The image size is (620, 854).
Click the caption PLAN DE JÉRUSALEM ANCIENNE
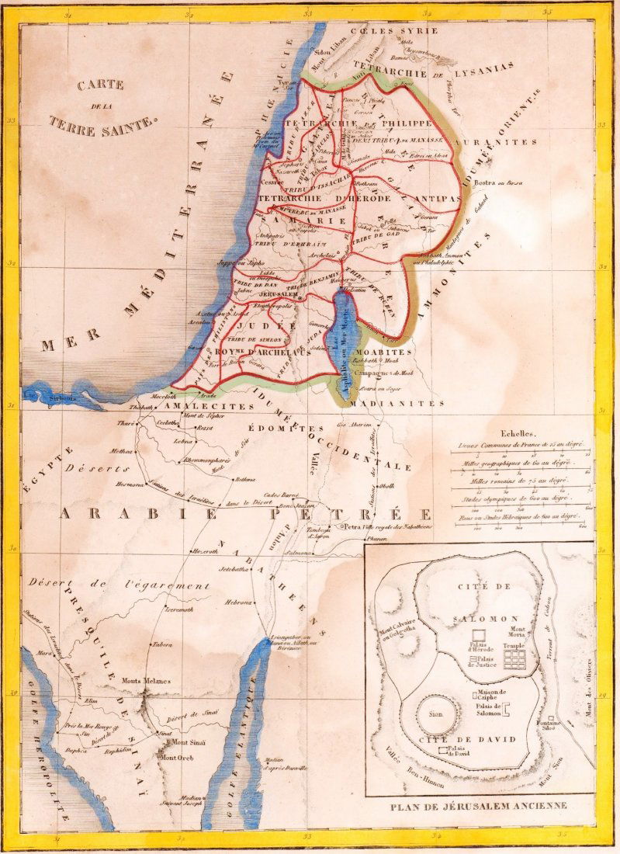point(479,806)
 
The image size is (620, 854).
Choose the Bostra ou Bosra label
point(499,182)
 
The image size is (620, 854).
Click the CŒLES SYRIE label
point(394,30)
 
